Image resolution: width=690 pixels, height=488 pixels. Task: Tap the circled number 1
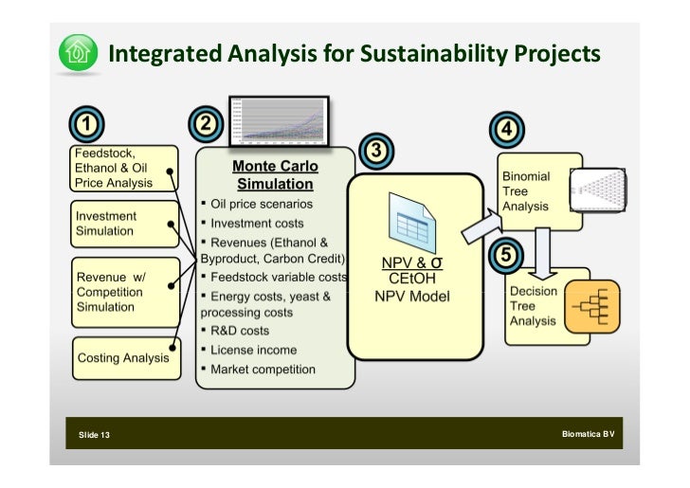click(x=85, y=124)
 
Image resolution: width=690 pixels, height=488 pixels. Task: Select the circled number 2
click(x=206, y=124)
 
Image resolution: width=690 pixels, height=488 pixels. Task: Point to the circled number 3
click(x=374, y=151)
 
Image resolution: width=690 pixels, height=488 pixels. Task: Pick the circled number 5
click(x=506, y=255)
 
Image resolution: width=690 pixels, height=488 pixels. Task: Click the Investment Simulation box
click(x=124, y=224)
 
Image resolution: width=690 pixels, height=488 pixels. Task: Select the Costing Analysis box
click(x=124, y=357)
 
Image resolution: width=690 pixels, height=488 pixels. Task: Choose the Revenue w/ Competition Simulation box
click(x=124, y=291)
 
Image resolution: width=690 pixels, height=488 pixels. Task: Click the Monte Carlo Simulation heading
click(x=275, y=175)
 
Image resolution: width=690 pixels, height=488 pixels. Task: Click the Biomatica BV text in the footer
click(x=588, y=434)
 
